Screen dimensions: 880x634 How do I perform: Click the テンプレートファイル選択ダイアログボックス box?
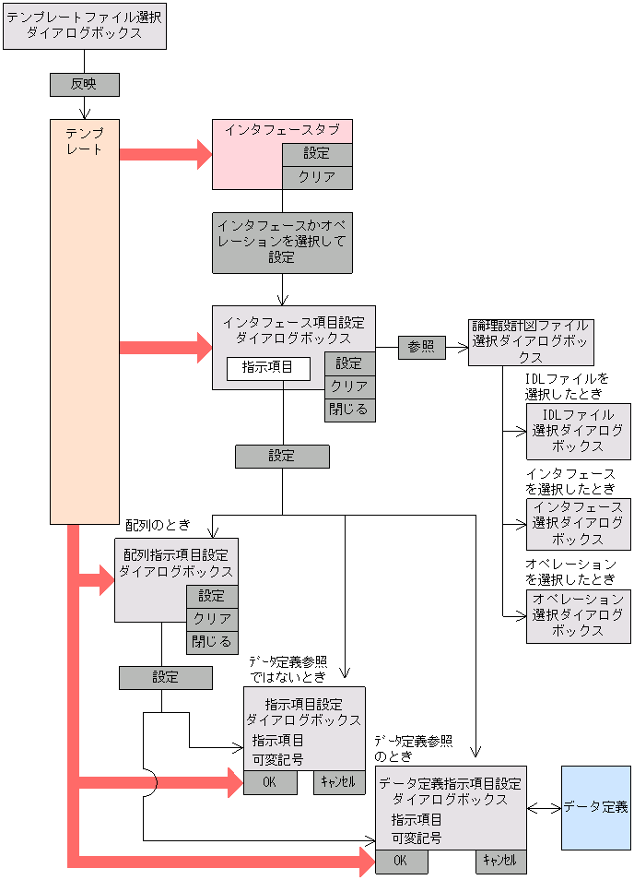click(x=85, y=26)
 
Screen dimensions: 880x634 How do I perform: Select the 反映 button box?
click(x=84, y=84)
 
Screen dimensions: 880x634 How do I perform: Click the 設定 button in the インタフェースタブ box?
click(x=317, y=153)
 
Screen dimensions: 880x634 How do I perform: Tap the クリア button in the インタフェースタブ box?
click(x=317, y=177)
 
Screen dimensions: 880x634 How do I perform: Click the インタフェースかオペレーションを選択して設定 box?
click(x=282, y=243)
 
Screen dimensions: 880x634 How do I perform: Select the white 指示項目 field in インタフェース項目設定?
click(x=268, y=367)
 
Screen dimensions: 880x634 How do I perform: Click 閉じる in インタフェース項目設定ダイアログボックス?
click(x=349, y=410)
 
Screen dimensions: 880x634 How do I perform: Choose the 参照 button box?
click(x=421, y=347)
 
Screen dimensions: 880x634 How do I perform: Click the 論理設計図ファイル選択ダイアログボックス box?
click(x=531, y=342)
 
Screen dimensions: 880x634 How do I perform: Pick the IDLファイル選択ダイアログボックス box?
click(x=579, y=431)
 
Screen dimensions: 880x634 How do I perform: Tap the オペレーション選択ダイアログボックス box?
click(x=579, y=615)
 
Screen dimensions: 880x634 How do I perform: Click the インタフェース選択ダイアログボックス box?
click(x=579, y=524)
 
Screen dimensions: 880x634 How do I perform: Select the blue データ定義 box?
click(x=596, y=807)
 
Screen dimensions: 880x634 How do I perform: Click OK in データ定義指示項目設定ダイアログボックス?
click(x=401, y=861)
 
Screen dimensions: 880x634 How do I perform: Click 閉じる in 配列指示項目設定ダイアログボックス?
click(x=212, y=642)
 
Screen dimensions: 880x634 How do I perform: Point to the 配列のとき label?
click(x=158, y=525)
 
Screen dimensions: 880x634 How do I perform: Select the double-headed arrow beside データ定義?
click(x=545, y=807)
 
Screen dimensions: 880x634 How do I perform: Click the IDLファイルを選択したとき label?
click(x=567, y=386)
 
